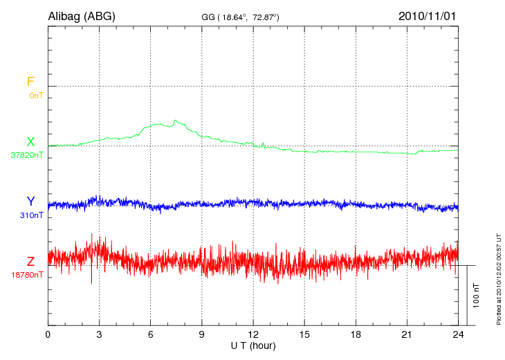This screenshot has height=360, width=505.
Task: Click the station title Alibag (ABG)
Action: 82,16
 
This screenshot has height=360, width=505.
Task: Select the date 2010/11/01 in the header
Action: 427,16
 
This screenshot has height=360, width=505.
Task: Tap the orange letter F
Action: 30,82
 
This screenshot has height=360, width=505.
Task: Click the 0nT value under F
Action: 36,95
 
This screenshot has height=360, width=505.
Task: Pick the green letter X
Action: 30,142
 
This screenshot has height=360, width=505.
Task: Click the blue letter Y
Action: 30,201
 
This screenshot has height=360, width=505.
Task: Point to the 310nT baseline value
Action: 31,215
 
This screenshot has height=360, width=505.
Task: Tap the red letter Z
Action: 30,262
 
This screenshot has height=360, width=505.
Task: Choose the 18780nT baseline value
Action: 27,275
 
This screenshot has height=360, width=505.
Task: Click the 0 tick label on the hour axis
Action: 48,334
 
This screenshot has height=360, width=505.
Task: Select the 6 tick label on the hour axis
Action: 150,334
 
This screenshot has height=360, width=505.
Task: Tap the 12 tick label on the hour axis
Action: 252,334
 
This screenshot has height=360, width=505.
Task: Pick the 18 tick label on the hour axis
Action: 356,334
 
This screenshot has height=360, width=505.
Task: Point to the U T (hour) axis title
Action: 252,345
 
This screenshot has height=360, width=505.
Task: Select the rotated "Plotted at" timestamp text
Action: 497,278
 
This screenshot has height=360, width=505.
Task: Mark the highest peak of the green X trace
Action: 176,120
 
